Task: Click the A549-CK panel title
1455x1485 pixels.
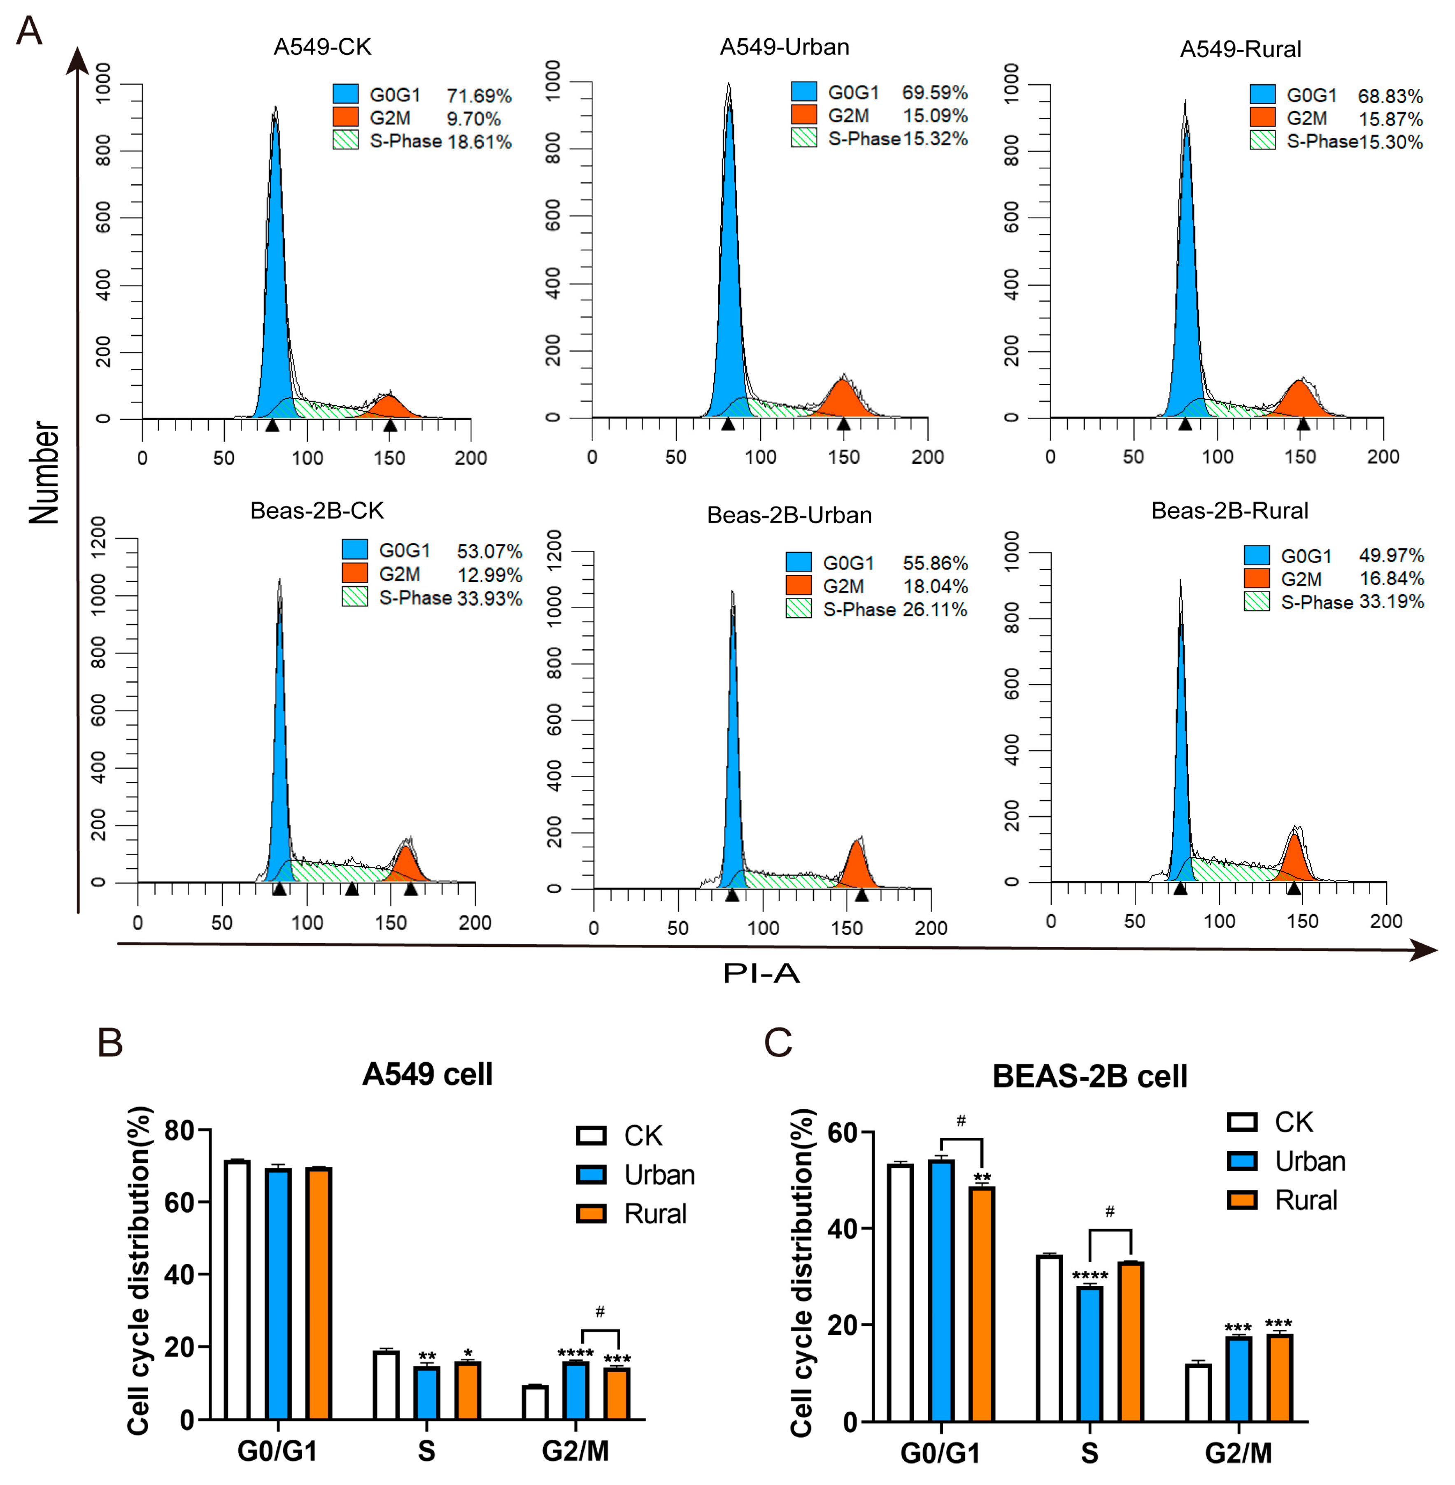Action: (x=322, y=47)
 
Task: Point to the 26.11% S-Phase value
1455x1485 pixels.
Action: (x=935, y=609)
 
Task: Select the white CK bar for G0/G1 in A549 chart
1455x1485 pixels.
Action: (x=237, y=1290)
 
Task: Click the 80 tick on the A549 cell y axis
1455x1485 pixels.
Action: (x=180, y=1130)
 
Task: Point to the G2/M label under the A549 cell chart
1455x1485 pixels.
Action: (x=575, y=1451)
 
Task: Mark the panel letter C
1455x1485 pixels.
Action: (x=779, y=1042)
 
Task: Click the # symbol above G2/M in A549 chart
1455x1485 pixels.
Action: (x=600, y=1312)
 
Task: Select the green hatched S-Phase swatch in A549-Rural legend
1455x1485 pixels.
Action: (x=1262, y=140)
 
